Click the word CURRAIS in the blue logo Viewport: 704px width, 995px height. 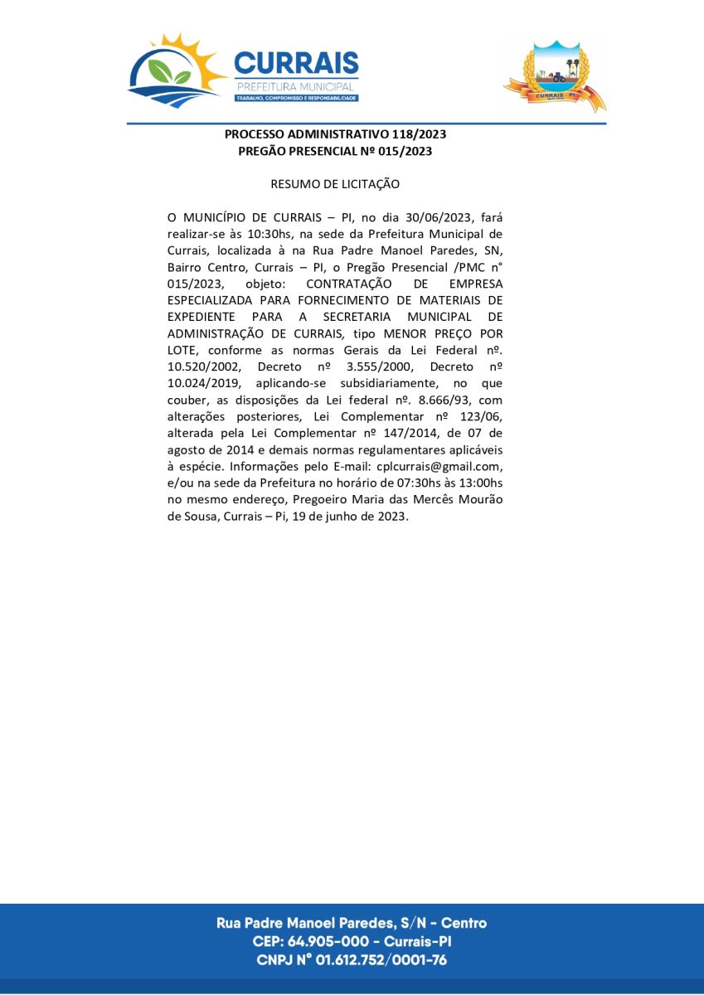pyautogui.click(x=296, y=63)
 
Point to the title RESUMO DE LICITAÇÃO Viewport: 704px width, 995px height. pyautogui.click(x=335, y=183)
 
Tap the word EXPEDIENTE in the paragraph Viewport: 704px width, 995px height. pyautogui.click(x=201, y=317)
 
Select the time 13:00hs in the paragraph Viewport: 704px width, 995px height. pyautogui.click(x=473, y=483)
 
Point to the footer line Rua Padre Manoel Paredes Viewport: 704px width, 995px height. pyautogui.click(x=351, y=923)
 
